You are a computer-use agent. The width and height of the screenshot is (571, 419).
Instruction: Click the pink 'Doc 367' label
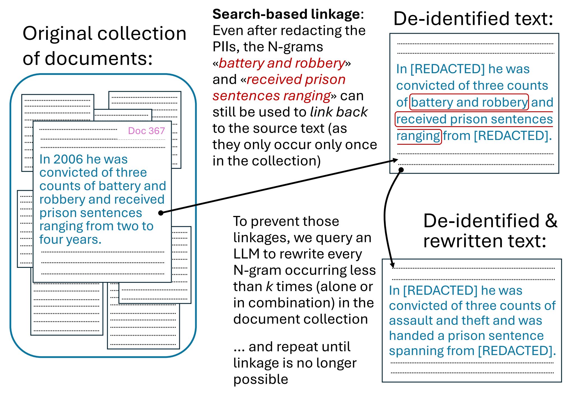tap(146, 131)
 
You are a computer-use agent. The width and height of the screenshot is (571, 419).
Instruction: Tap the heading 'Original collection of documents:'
tap(104, 45)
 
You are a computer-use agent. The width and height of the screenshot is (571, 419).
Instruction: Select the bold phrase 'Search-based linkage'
tap(286, 14)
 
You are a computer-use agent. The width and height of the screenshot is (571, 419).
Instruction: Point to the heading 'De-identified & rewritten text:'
tap(490, 231)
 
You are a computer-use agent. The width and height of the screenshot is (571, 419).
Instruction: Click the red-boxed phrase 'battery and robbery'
tap(469, 102)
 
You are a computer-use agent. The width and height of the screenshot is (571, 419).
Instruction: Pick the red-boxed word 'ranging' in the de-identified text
tap(418, 136)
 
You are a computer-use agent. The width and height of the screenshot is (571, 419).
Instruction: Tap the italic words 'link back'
tap(339, 112)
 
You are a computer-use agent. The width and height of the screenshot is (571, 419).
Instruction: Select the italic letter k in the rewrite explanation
tap(269, 287)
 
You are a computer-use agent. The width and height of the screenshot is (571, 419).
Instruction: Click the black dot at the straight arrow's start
tap(161, 213)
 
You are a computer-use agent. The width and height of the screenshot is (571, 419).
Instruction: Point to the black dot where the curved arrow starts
tap(401, 170)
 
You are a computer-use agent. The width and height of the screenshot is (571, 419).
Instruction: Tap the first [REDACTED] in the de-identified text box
tap(447, 69)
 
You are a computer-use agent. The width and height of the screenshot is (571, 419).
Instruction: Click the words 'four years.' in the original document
tap(70, 240)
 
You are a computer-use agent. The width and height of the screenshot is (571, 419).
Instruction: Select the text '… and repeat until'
tap(292, 347)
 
